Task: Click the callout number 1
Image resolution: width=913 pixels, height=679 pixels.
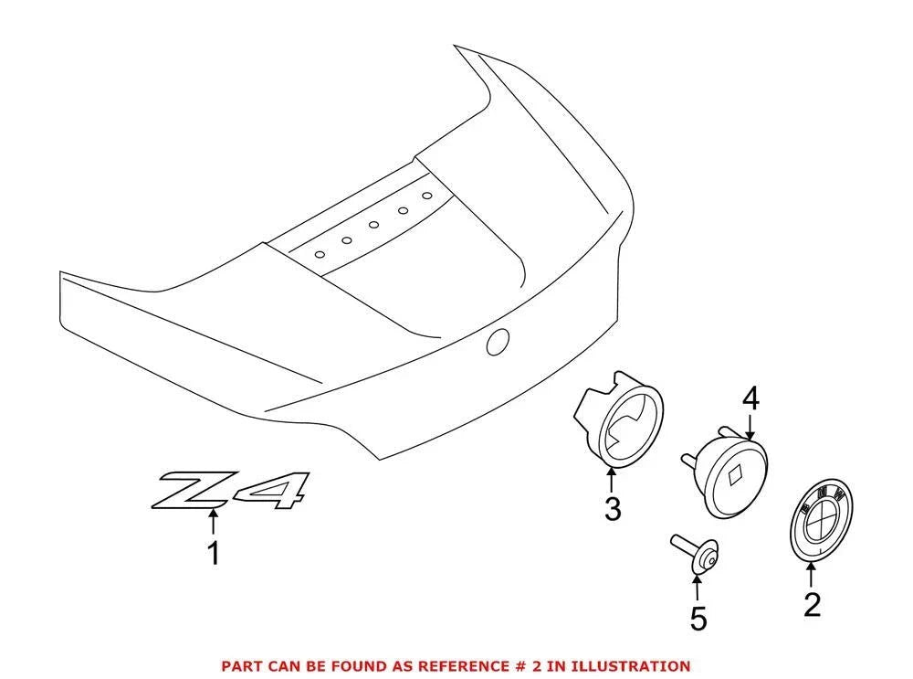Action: click(x=215, y=553)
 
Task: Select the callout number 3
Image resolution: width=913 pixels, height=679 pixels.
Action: click(x=613, y=509)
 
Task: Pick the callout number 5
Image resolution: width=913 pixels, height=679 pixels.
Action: click(x=698, y=619)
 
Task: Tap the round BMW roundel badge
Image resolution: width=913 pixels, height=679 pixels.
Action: click(x=821, y=521)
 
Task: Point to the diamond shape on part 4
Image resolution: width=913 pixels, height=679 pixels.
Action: click(x=737, y=475)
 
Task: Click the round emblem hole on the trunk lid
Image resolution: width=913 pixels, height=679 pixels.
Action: click(x=498, y=342)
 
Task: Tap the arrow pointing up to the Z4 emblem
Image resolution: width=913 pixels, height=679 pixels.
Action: click(x=214, y=521)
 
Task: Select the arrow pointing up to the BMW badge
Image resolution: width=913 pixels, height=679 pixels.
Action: click(x=811, y=574)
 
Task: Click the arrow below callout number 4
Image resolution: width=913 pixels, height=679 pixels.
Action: click(x=750, y=426)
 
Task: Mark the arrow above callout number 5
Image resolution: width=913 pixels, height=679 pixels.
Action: click(x=698, y=588)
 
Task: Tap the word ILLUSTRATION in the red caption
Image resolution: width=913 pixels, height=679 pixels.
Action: click(x=631, y=665)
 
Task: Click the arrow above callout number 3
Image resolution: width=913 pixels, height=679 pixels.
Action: click(x=612, y=481)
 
